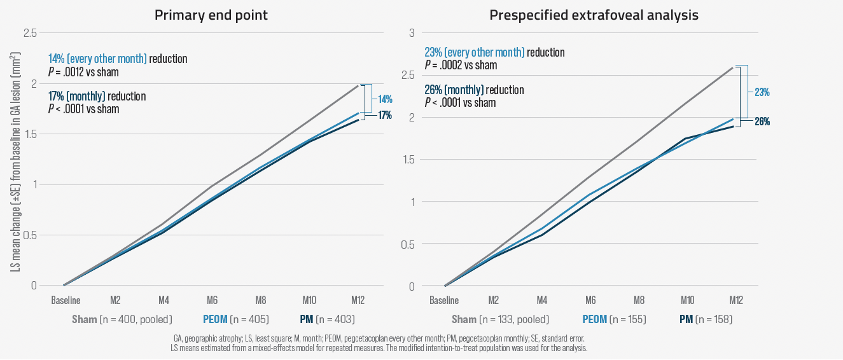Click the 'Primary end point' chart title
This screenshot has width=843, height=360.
click(x=211, y=15)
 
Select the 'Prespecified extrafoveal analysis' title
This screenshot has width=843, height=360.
click(x=594, y=15)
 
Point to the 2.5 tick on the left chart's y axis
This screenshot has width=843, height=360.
click(x=29, y=33)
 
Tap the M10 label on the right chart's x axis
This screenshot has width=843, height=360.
click(x=687, y=300)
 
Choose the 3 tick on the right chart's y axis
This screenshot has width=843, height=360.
click(x=412, y=33)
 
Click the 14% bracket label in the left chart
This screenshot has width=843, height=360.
click(x=386, y=99)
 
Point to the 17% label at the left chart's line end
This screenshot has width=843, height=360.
click(x=385, y=116)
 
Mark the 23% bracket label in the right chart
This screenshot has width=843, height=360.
click(x=762, y=92)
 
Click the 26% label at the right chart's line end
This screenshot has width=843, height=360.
click(x=762, y=121)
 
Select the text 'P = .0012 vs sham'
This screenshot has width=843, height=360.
click(x=83, y=72)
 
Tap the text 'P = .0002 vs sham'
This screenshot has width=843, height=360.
click(x=461, y=65)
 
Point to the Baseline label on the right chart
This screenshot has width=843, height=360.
click(x=444, y=300)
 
